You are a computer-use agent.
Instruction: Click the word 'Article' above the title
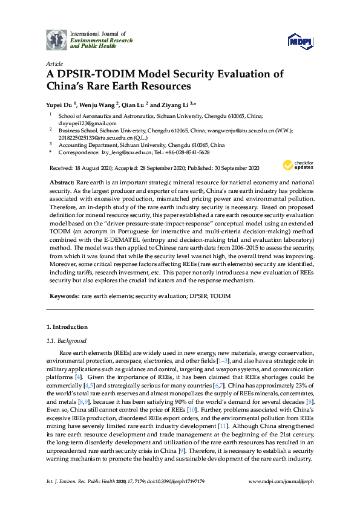pyautogui.click(x=54, y=63)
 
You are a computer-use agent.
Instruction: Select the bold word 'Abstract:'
pyautogui.click(x=62, y=182)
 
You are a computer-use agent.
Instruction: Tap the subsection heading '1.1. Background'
pyautogui.click(x=67, y=341)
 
